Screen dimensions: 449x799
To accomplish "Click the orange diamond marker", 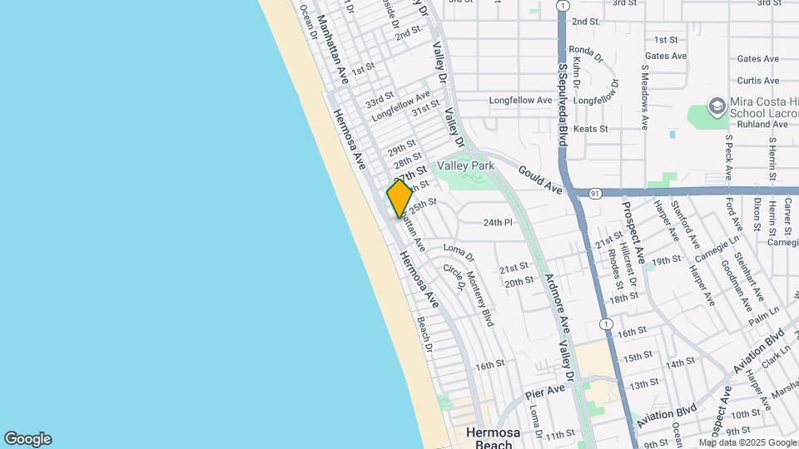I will [399, 198].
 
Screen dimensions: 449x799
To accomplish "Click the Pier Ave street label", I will [546, 392].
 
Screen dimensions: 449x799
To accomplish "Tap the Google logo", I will [27, 439].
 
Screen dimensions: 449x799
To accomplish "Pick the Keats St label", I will [591, 129].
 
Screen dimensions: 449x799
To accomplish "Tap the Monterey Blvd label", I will [480, 299].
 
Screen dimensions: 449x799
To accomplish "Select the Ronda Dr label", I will [586, 53].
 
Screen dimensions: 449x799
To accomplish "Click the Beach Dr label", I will [425, 333].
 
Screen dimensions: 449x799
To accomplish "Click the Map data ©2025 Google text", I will [747, 442].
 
